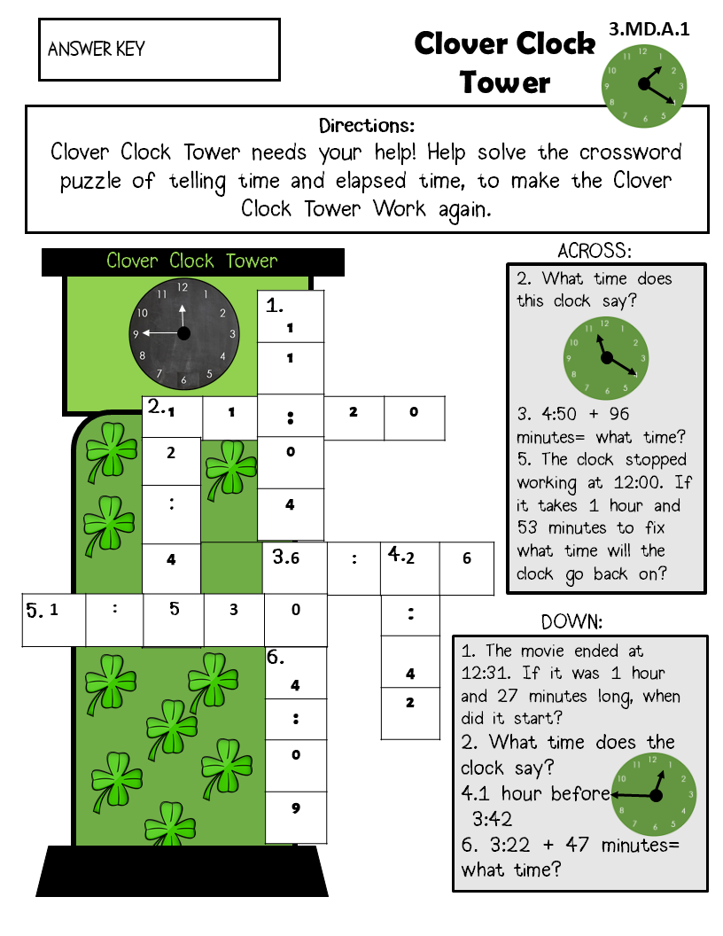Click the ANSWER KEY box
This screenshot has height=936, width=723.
[159, 50]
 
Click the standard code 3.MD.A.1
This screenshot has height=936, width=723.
[649, 29]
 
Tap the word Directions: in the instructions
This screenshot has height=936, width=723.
[367, 125]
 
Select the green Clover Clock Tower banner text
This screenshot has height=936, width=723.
[192, 261]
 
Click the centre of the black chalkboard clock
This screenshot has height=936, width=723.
[184, 333]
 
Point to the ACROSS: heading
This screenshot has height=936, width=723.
[595, 251]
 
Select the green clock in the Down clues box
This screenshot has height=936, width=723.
[655, 794]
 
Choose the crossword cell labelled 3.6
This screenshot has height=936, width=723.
[295, 568]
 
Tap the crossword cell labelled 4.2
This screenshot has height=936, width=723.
[410, 568]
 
